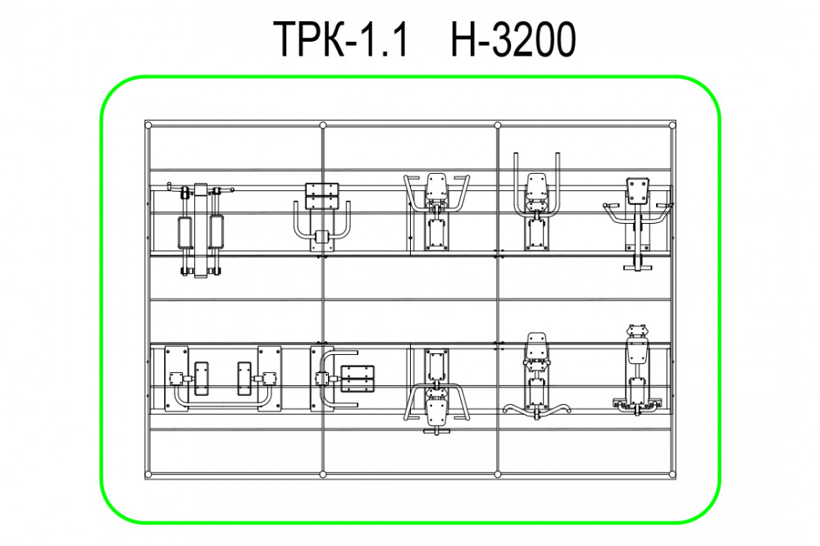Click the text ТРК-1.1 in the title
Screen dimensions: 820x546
pyautogui.click(x=340, y=39)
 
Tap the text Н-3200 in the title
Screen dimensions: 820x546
pyautogui.click(x=513, y=39)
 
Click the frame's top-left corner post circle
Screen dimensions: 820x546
pyautogui.click(x=148, y=125)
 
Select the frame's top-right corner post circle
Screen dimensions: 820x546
pyautogui.click(x=672, y=125)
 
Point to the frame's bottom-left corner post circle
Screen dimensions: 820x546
pyautogui.click(x=148, y=475)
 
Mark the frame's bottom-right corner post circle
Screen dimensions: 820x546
pyautogui.click(x=672, y=475)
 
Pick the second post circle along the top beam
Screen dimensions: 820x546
pyautogui.click(x=322, y=125)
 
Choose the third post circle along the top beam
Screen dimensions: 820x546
pyautogui.click(x=498, y=125)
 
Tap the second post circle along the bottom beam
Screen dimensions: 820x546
pyautogui.click(x=322, y=475)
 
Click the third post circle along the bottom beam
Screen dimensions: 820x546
pyautogui.click(x=498, y=475)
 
